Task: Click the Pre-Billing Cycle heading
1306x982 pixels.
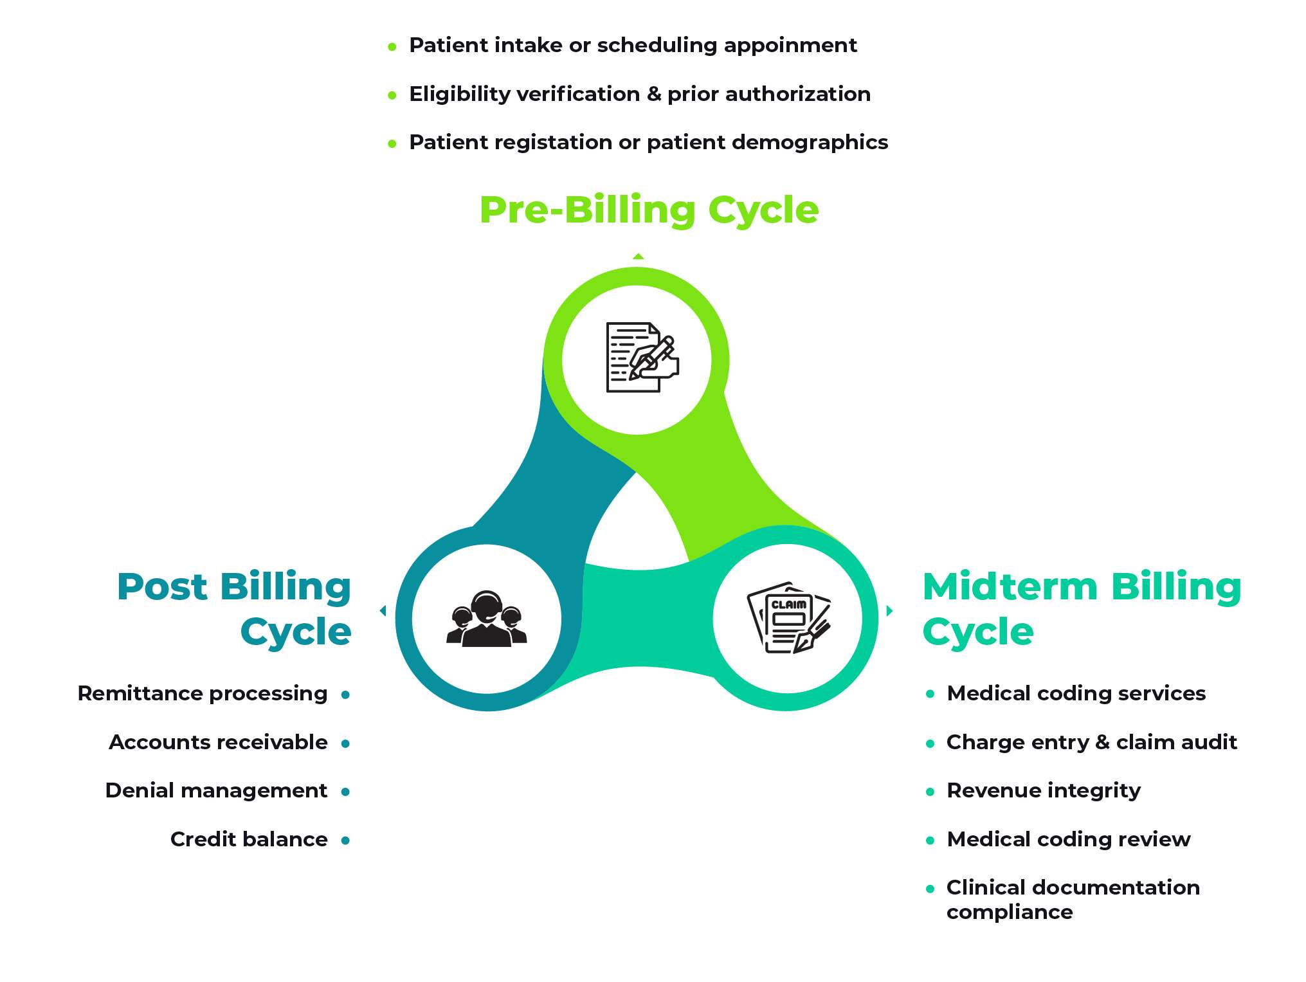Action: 649,210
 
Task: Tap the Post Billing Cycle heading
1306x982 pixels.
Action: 234,608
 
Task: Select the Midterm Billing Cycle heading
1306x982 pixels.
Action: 1082,608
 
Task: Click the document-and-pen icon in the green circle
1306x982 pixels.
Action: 642,358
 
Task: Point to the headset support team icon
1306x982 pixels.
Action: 487,619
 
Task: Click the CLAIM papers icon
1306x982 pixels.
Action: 789,618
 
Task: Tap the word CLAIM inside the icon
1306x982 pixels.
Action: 789,605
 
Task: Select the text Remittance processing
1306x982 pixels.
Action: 203,694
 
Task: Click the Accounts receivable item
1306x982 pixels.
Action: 219,742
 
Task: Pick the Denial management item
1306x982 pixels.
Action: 217,790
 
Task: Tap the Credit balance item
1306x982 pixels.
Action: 249,839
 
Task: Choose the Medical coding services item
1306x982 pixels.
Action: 1076,694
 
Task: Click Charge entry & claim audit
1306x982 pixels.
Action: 1092,742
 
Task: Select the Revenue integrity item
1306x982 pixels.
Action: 1044,790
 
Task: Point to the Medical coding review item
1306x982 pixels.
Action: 1069,839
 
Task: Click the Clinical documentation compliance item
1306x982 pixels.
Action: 1073,900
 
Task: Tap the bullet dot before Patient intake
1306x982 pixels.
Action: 392,46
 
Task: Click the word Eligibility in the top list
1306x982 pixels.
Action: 460,95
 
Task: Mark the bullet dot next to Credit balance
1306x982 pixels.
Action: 345,840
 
